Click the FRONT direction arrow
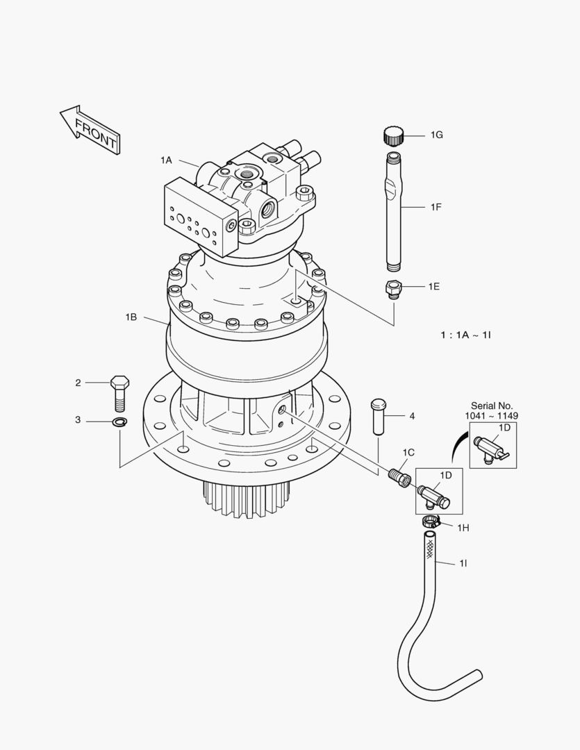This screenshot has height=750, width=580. (89, 129)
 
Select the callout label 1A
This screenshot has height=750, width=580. (165, 160)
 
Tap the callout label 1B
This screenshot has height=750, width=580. (131, 317)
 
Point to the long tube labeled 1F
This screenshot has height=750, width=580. (394, 208)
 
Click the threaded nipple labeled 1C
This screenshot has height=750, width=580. (397, 477)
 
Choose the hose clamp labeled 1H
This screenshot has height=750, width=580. (431, 522)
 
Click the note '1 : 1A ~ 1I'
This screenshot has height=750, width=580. (465, 335)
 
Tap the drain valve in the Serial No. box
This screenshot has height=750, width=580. (491, 448)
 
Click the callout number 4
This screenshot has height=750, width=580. (412, 416)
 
